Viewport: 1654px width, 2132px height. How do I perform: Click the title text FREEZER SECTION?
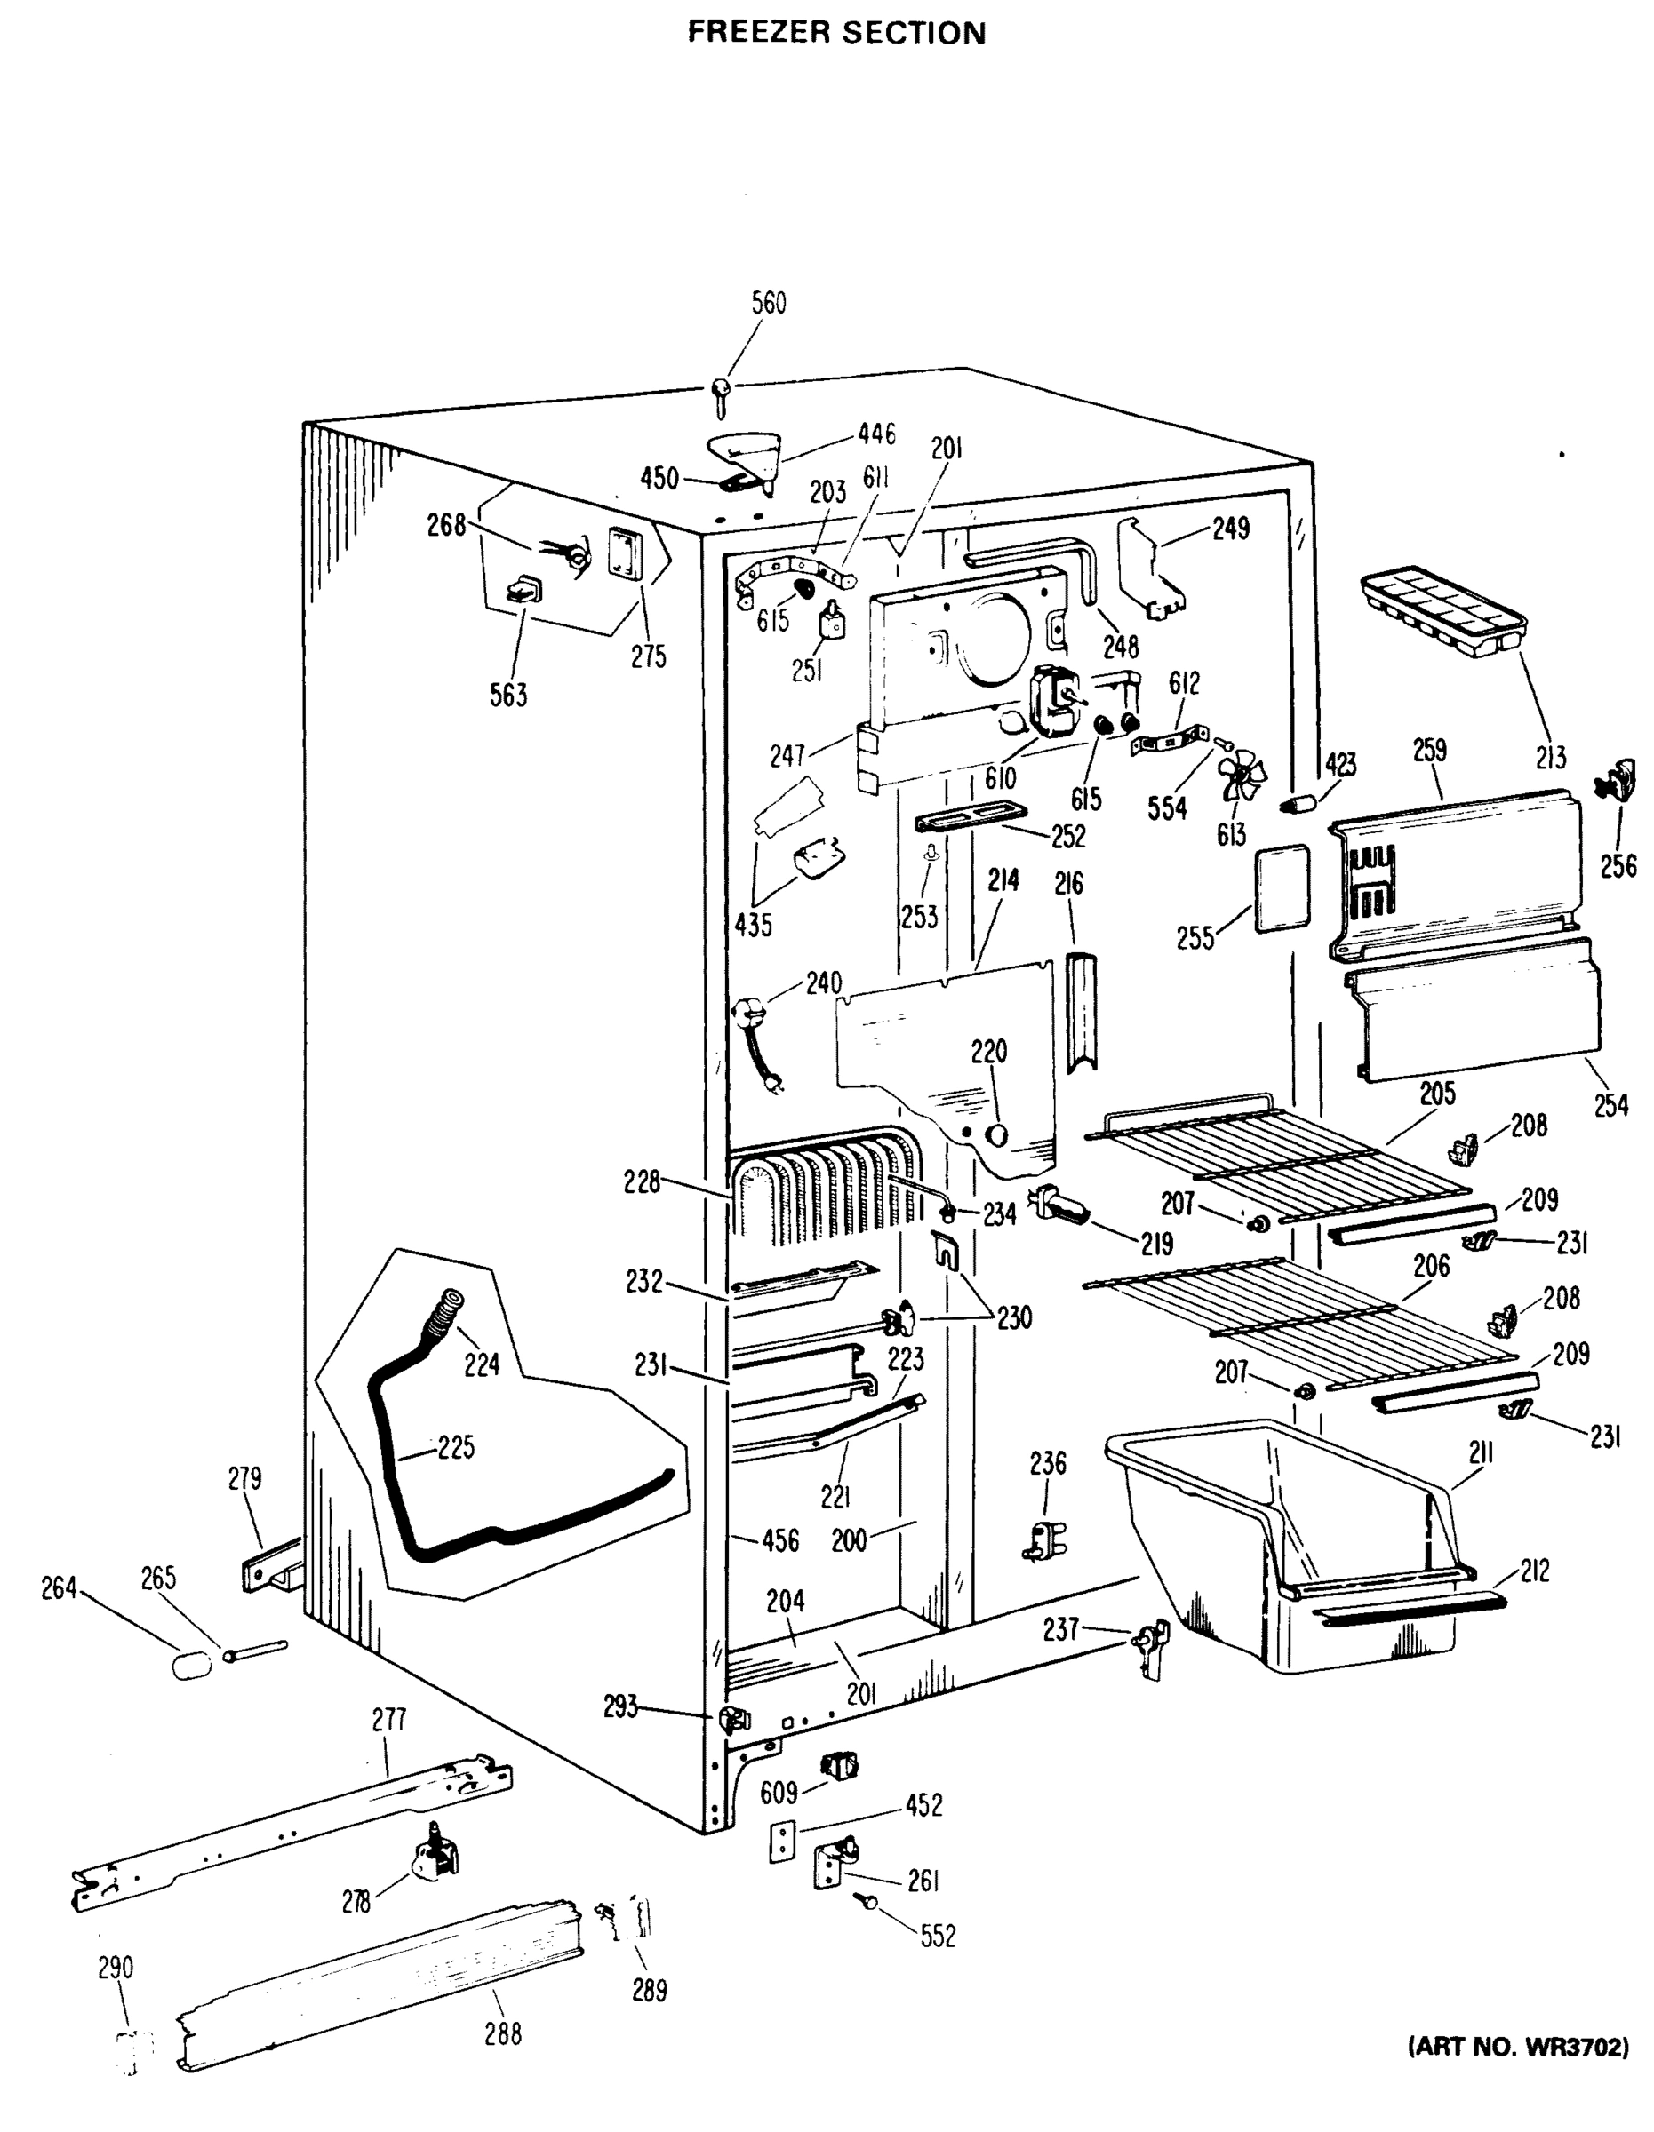tap(836, 33)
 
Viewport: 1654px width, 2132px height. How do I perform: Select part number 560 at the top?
tap(769, 304)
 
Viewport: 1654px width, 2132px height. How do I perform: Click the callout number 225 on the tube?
tap(455, 1447)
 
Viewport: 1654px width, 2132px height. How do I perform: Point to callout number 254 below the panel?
tap(1611, 1105)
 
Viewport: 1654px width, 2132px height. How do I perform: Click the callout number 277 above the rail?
tap(388, 1719)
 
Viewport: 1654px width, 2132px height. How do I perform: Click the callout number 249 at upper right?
tap(1230, 529)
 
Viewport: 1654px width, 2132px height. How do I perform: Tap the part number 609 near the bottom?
tap(779, 1793)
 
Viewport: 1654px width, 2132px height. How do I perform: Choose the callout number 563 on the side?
tap(508, 695)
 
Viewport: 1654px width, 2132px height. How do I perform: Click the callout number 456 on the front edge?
tap(780, 1541)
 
